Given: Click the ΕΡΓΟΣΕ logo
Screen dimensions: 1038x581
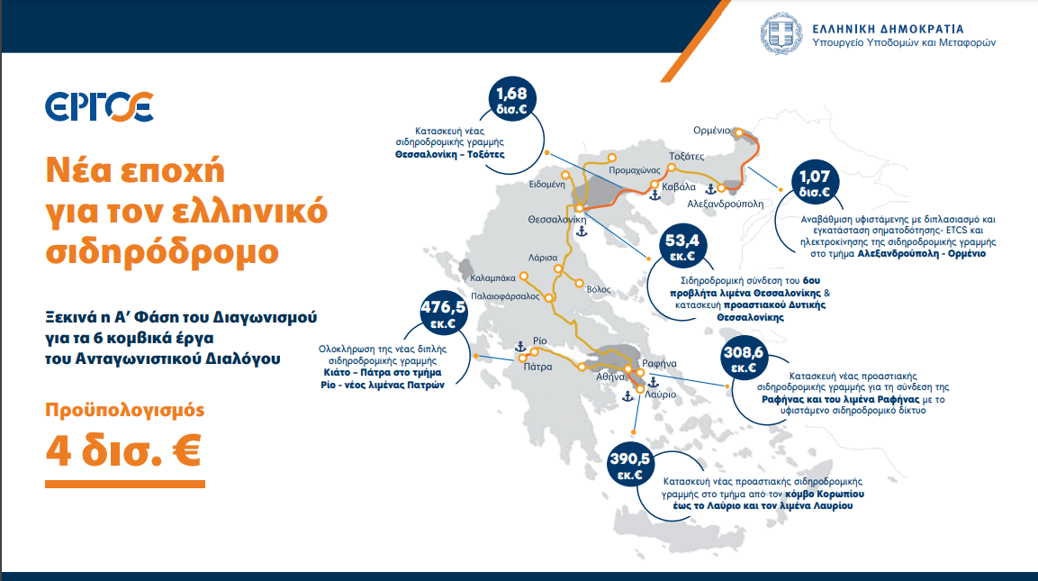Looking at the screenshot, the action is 99,106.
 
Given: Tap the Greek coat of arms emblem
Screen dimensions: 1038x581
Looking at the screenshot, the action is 781,33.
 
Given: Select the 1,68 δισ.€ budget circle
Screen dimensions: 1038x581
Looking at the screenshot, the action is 511,100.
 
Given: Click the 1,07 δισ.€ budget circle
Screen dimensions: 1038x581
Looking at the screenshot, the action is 815,184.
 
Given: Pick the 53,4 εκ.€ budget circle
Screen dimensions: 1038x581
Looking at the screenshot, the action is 682,247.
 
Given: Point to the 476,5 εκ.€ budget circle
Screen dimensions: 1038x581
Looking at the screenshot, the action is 444,313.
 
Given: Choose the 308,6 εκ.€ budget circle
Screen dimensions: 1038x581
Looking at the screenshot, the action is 744,359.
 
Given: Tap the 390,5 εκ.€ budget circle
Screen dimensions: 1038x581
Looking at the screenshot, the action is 630,465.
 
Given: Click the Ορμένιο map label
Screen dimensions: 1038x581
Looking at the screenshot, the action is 711,131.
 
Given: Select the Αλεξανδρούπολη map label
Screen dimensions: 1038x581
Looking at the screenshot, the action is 725,204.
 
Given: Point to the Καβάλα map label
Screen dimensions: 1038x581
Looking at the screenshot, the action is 679,186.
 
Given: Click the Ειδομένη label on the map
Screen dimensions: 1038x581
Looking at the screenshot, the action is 546,184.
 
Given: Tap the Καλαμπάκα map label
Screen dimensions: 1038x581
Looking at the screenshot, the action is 492,278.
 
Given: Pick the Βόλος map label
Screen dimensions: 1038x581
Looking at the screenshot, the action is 599,289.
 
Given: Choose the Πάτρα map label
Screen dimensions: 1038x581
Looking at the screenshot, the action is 537,367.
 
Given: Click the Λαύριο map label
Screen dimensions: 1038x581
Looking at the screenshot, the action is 661,395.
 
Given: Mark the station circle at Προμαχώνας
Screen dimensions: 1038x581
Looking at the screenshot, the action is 611,158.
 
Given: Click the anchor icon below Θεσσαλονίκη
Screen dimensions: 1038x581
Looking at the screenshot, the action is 582,231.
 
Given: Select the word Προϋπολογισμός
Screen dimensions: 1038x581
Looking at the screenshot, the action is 124,410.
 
